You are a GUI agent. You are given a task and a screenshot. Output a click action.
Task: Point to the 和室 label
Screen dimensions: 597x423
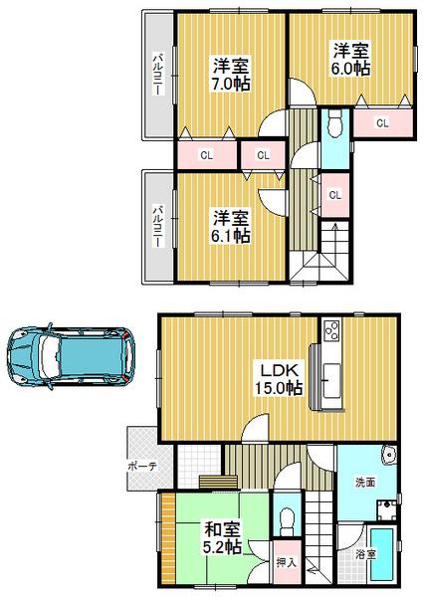[219, 529]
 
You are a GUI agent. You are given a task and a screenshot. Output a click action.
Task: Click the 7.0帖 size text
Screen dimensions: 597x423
[230, 85]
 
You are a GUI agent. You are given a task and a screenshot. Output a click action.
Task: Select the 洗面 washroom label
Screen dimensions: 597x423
[365, 482]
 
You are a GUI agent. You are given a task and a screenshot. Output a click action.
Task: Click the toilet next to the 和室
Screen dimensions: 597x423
[285, 519]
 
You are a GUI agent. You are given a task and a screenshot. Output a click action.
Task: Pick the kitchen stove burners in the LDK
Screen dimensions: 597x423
[331, 329]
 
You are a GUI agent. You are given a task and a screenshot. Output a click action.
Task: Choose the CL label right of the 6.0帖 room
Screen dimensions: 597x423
[382, 122]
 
